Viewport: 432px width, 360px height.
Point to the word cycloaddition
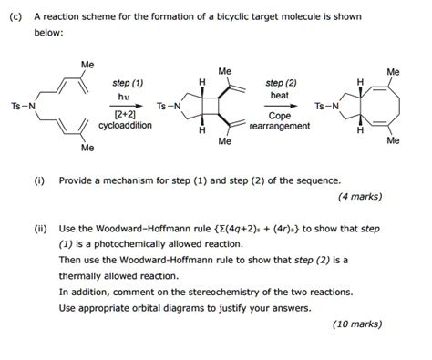(125, 127)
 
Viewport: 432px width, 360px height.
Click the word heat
(279, 95)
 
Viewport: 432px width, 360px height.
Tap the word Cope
(279, 116)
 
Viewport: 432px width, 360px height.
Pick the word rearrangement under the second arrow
(279, 127)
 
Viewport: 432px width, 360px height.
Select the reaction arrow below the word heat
(279, 105)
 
